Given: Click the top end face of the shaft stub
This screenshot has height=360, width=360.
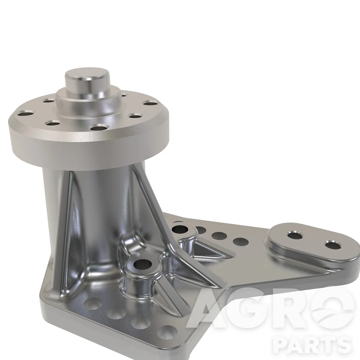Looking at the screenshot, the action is [83, 77].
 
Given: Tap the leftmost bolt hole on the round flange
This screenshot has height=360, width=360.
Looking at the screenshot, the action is [26, 114].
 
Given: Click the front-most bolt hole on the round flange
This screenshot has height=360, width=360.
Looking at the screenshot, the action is [100, 128].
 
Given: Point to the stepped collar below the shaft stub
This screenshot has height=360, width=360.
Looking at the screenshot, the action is [90, 105].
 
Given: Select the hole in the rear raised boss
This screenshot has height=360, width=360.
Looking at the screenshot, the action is [180, 228].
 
